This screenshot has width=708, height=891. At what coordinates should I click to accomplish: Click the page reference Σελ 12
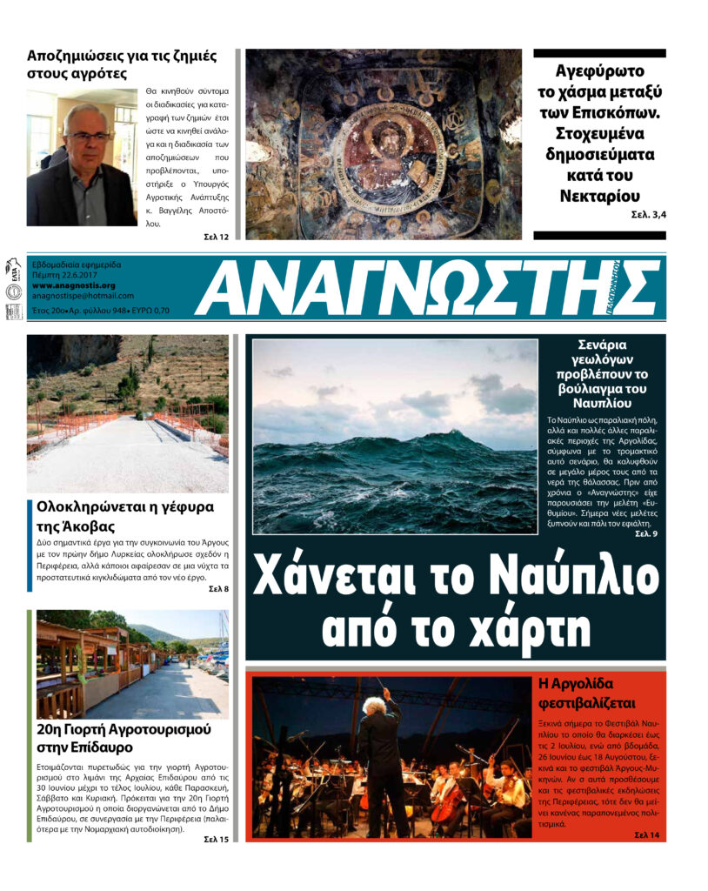tap(217, 237)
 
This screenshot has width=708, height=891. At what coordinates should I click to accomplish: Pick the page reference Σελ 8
tap(218, 589)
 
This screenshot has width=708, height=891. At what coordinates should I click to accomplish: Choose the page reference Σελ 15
tap(217, 839)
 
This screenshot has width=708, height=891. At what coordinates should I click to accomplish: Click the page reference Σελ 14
tap(647, 835)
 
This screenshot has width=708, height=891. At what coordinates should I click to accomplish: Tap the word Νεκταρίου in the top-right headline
tap(599, 195)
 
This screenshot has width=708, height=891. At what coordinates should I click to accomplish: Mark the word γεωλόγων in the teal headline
tap(600, 359)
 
